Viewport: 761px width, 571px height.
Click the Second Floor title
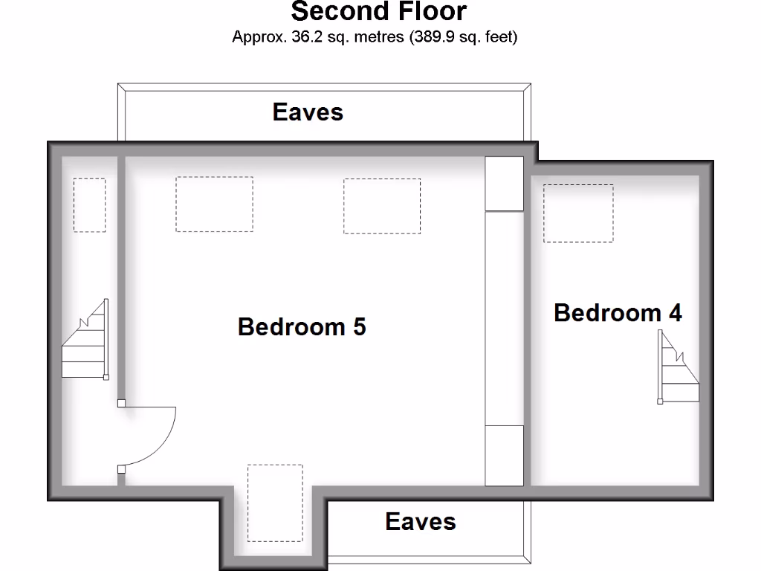[379, 12]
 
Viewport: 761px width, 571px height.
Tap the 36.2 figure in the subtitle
[306, 36]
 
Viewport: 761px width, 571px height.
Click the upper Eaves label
[308, 112]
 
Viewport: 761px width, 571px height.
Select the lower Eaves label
[420, 521]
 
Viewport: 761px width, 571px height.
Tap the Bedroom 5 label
[302, 326]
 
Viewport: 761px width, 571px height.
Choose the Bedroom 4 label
[618, 312]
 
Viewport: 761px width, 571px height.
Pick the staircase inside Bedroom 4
[679, 367]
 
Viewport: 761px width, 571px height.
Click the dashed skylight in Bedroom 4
[578, 213]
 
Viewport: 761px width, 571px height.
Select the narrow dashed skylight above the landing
[89, 204]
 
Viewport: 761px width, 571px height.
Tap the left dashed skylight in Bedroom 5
[214, 204]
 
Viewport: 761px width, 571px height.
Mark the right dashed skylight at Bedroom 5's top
[382, 206]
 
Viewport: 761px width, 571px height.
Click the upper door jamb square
[121, 404]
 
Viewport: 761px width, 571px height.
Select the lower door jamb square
[121, 468]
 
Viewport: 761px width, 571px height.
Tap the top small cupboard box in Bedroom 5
[504, 183]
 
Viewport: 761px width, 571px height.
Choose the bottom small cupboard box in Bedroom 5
[504, 455]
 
